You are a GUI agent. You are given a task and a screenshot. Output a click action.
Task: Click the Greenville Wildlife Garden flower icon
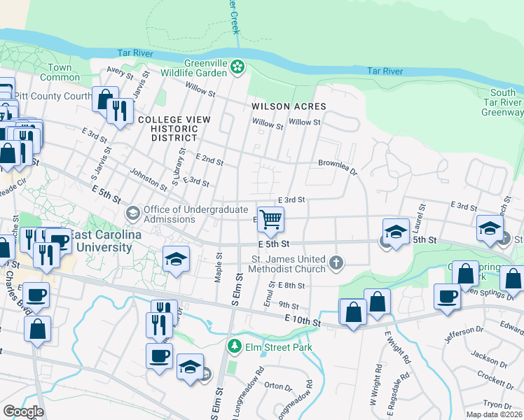[238, 67]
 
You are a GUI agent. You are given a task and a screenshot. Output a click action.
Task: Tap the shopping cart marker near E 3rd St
[270, 220]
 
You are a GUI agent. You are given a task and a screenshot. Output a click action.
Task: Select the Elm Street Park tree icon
[233, 346]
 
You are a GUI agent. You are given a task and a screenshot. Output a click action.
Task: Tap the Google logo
[23, 412]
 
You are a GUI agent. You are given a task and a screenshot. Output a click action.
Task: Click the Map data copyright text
[493, 414]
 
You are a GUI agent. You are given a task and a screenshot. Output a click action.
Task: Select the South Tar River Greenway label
[502, 102]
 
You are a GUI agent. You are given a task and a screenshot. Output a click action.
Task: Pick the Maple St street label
[219, 267]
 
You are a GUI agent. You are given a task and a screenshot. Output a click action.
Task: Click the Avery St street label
[120, 73]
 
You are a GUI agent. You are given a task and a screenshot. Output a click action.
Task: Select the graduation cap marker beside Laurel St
[396, 232]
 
